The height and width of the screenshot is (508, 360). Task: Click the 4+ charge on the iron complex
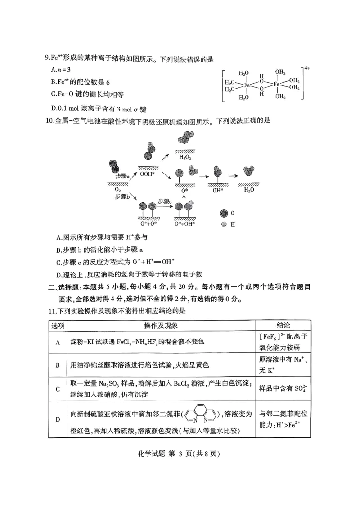308,68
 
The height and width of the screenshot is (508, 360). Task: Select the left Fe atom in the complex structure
247,85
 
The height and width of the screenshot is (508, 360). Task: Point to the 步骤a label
122,176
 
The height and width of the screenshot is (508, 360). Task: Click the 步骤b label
122,196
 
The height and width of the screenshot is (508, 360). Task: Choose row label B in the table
58,365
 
